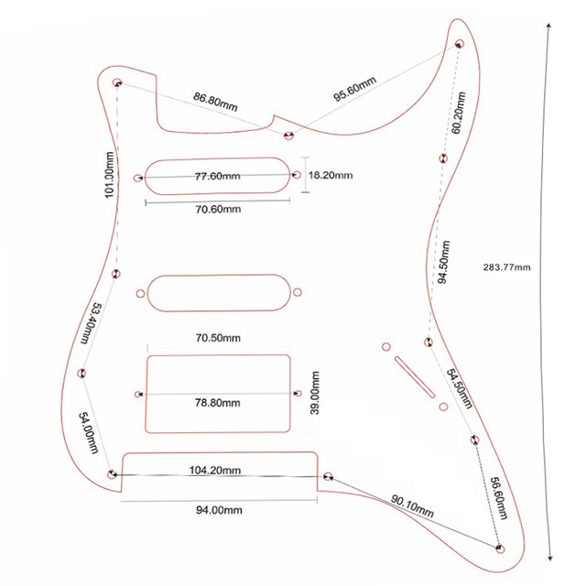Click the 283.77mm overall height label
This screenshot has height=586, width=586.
tap(505, 267)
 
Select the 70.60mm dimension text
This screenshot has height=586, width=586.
tap(218, 209)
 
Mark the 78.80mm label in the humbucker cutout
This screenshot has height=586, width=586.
tap(218, 403)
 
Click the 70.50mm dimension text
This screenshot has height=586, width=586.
tap(218, 337)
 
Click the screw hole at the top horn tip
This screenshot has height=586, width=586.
tap(460, 43)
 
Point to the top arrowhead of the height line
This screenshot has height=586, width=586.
tap(548, 27)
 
